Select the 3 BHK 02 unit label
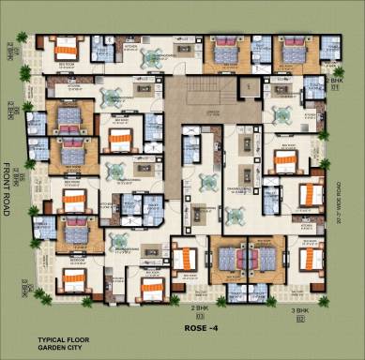[x=300, y=313]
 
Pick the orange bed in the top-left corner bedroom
[x=66, y=47]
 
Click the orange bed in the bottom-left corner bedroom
[x=71, y=278]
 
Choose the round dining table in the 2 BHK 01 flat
[x=281, y=114]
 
